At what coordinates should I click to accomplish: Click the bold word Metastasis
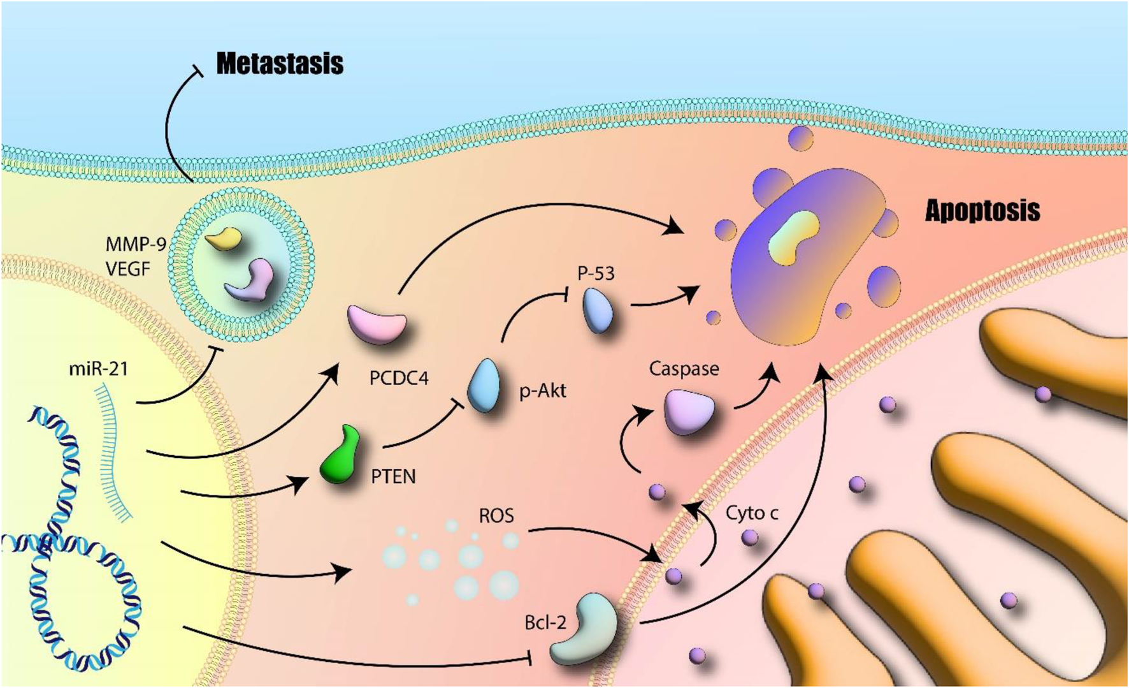280,64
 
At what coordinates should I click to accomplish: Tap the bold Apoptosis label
982,210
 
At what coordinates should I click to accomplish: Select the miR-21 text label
99,369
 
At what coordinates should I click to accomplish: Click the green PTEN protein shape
341,455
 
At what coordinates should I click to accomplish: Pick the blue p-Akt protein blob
484,386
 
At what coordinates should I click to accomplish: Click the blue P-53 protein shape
598,310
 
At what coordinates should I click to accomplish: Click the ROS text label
496,515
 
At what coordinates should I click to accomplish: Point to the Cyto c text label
752,513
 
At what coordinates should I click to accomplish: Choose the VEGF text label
128,269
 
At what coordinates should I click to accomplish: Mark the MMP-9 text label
136,244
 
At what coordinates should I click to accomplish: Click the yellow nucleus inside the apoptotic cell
793,238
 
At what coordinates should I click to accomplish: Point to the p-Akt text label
542,390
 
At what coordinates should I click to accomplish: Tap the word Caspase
684,369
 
